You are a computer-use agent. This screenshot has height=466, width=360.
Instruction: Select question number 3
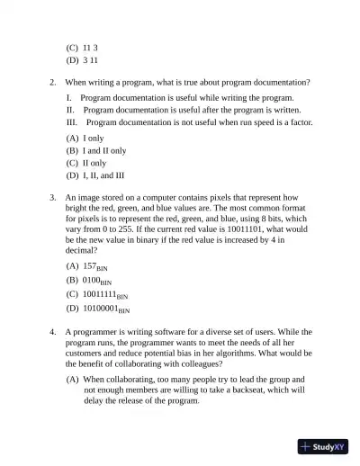click(x=52, y=196)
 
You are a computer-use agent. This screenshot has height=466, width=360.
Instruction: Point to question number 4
click(x=52, y=332)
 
